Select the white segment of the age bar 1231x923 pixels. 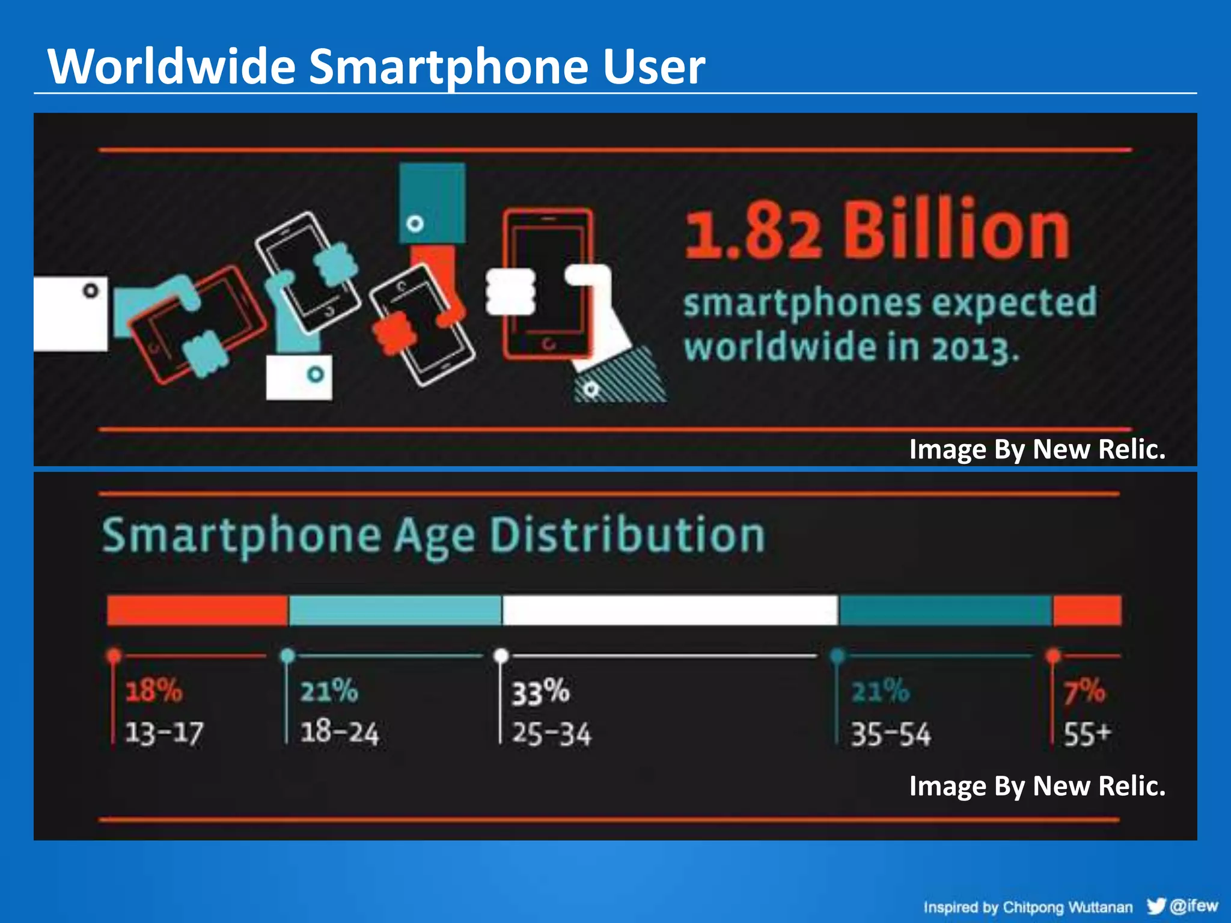point(670,610)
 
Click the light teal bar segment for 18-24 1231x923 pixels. point(395,610)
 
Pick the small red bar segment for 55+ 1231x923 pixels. point(1087,610)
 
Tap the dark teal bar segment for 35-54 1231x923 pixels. point(945,610)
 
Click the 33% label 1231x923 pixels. point(540,692)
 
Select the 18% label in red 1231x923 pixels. point(153,690)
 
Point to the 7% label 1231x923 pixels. point(1083,691)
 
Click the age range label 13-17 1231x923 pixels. point(164,734)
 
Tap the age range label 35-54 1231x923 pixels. point(890,734)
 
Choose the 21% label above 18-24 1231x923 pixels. point(329,690)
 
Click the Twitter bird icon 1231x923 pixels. point(1156,906)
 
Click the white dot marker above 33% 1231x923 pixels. point(501,656)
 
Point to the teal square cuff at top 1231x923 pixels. point(432,203)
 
